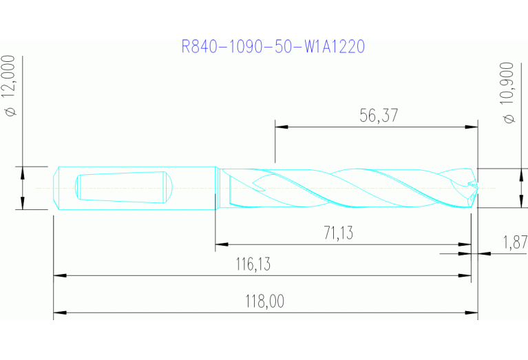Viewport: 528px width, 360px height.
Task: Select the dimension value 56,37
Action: [x=379, y=116]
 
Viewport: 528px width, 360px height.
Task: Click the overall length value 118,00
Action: [x=265, y=301]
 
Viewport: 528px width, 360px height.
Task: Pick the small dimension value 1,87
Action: [x=514, y=242]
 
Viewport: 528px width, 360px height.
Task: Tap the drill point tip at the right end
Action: [x=476, y=187]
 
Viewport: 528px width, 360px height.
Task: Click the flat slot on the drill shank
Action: [x=120, y=187]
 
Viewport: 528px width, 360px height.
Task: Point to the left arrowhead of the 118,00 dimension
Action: [x=60, y=313]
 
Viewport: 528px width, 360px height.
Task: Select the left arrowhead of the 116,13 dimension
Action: [x=60, y=275]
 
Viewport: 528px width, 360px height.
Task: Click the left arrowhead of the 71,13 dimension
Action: [x=222, y=244]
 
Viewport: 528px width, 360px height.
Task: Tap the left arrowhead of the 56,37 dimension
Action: [x=281, y=127]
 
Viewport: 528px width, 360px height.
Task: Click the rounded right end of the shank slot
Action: [x=166, y=187]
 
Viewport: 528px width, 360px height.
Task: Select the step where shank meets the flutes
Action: [x=218, y=187]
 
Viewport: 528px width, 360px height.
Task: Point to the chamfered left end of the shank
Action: [x=57, y=187]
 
